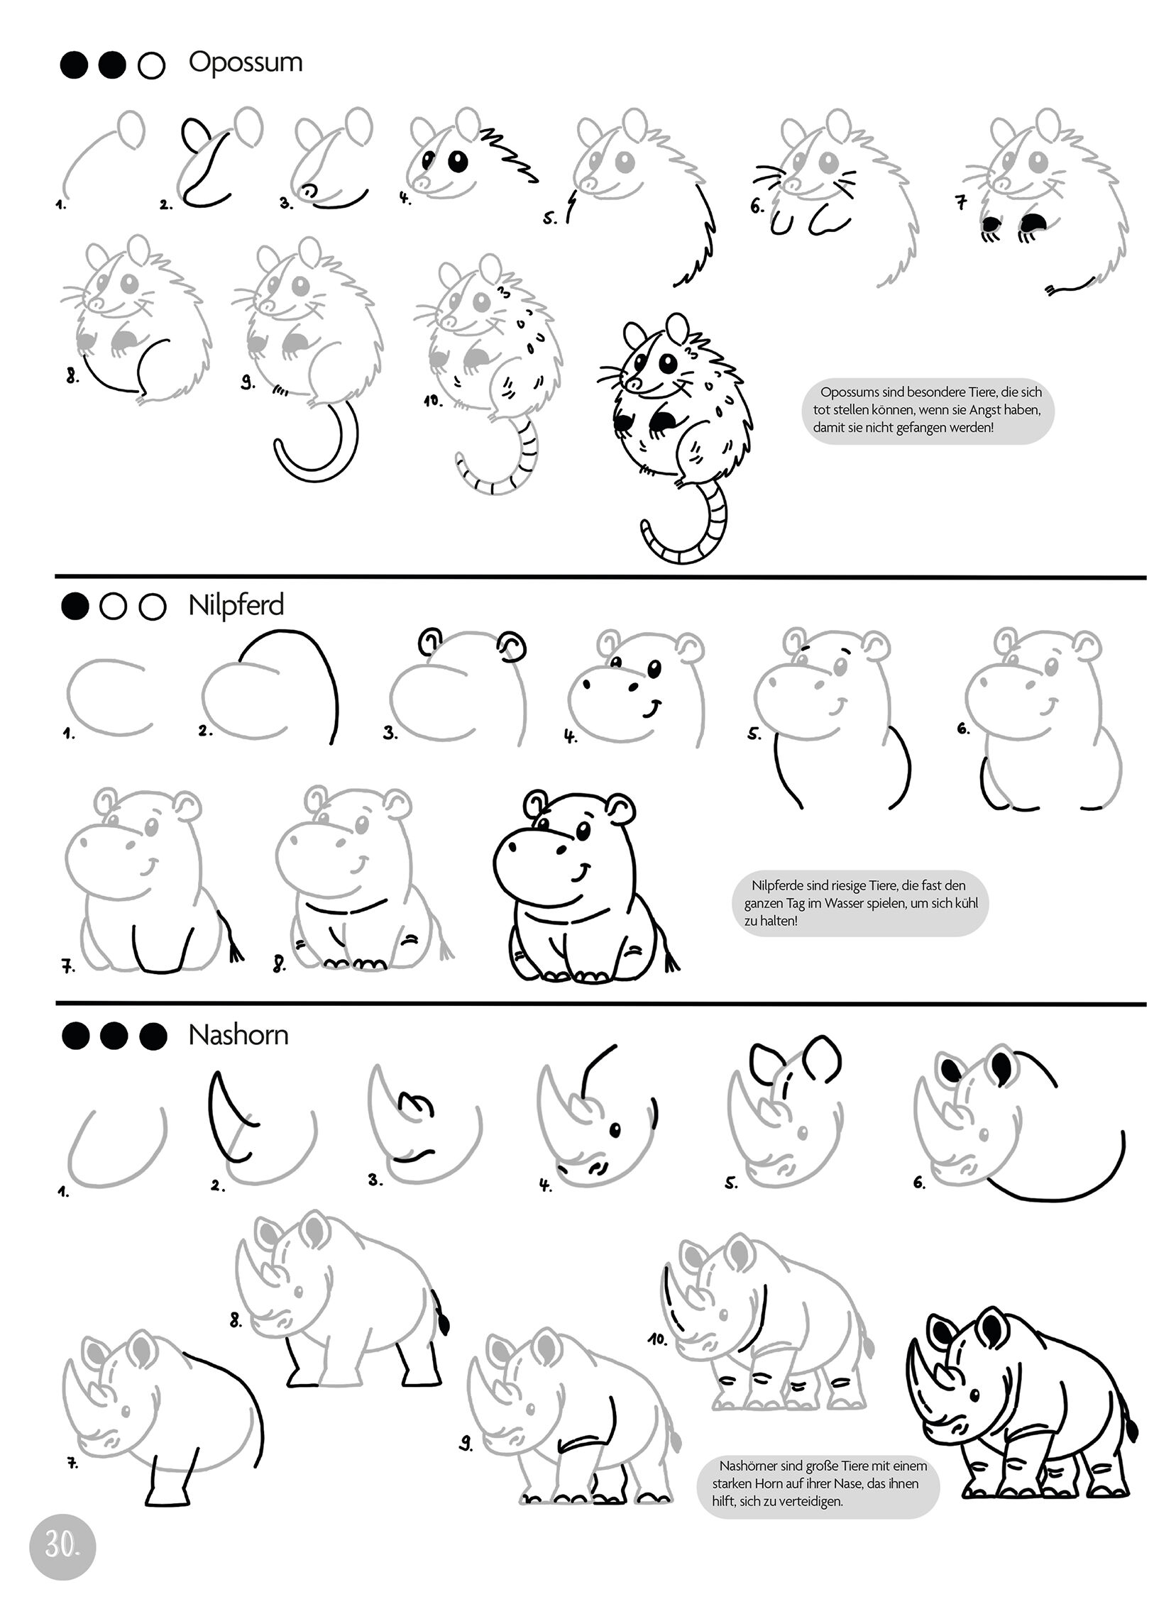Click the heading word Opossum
coord(246,63)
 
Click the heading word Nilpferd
coord(236,605)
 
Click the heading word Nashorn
coord(238,1035)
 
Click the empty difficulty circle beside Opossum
coord(152,66)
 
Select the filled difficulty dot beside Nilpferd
coord(75,607)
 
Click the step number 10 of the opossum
coord(432,401)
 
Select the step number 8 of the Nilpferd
coord(279,965)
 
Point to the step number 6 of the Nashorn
coord(919,1182)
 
